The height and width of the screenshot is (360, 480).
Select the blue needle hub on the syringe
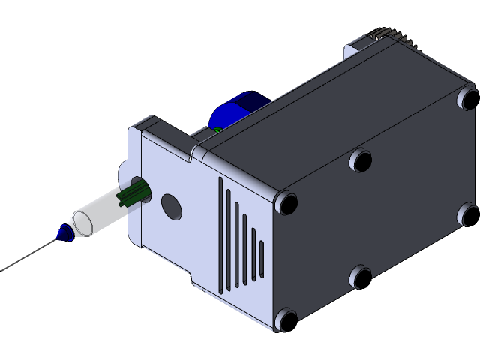[x=64, y=233]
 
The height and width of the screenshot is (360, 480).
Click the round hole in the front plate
[x=172, y=207]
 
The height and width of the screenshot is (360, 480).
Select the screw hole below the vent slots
[x=286, y=320]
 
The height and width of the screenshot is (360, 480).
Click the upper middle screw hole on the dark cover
[x=361, y=160]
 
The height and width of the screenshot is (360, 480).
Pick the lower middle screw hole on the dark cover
[x=361, y=277]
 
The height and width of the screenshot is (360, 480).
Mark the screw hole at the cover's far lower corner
[x=469, y=214]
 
